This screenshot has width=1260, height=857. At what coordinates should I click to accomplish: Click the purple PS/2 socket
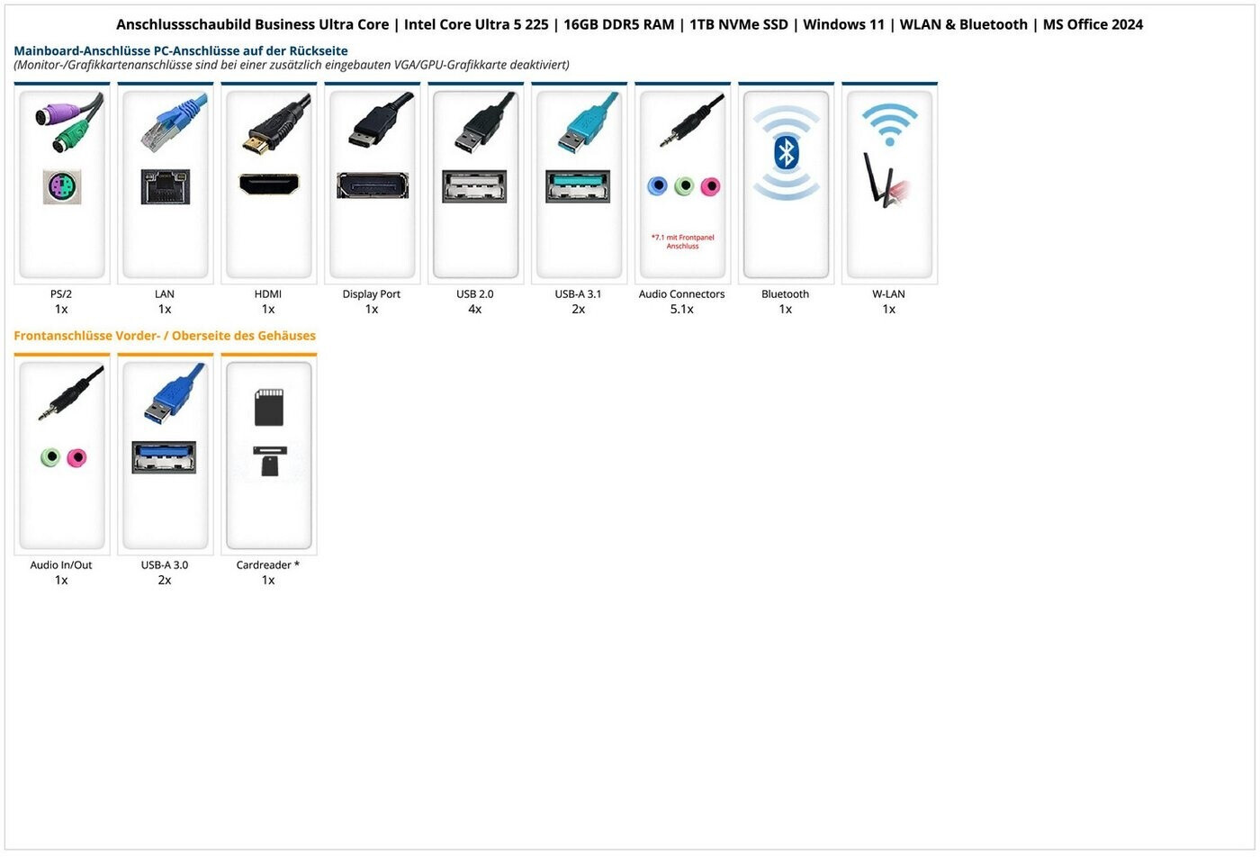click(62, 186)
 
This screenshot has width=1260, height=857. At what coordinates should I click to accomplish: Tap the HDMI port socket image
click(268, 185)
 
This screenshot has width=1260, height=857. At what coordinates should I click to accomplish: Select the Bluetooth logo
click(786, 153)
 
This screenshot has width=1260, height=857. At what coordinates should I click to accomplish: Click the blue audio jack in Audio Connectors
click(658, 186)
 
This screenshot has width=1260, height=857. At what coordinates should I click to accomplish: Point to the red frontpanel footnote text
click(682, 241)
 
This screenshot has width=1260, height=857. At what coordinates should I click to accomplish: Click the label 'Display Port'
click(371, 294)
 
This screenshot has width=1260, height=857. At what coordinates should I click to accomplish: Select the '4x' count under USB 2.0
click(474, 310)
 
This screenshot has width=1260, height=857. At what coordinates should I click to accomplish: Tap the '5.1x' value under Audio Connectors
click(681, 310)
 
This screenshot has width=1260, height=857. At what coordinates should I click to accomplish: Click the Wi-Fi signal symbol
click(889, 124)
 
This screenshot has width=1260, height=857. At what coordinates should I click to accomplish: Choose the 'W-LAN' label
click(888, 294)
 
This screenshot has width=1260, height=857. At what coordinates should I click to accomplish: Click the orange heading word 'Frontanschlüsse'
click(62, 336)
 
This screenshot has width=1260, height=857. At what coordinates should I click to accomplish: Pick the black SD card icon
click(269, 407)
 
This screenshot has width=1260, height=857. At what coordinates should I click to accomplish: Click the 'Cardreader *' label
click(267, 565)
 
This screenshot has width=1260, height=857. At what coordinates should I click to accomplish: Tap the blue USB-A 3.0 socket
click(164, 456)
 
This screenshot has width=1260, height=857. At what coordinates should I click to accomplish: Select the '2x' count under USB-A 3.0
click(165, 581)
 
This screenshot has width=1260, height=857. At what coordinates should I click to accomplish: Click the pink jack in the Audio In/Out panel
click(77, 457)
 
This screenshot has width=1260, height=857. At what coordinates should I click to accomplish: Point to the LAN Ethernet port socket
click(165, 186)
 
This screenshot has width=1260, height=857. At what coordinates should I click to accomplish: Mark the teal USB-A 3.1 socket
click(578, 185)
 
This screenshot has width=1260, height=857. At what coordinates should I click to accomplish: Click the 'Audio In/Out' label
click(61, 565)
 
